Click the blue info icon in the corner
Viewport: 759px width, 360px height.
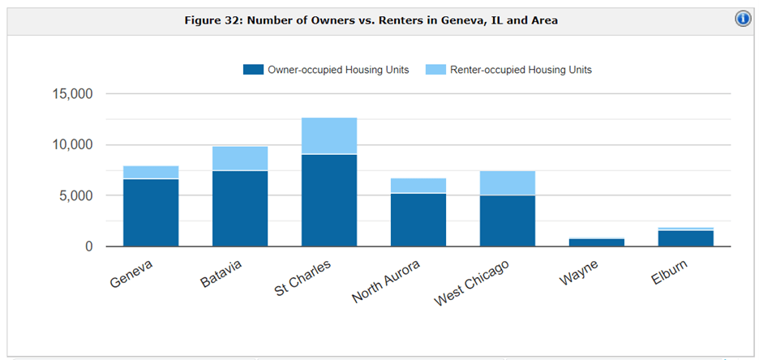tap(743, 19)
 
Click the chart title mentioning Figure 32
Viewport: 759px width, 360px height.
tap(371, 19)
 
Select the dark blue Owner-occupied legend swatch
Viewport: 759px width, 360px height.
tap(253, 70)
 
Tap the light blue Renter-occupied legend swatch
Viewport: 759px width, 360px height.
tap(435, 70)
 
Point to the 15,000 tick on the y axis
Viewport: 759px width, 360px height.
tap(72, 94)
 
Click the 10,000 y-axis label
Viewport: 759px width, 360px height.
tap(72, 145)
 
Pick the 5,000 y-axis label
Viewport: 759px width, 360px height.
tap(76, 195)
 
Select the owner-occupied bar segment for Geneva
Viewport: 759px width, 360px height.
tap(151, 212)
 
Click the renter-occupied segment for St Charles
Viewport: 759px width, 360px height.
tap(329, 135)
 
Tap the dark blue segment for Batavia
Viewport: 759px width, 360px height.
tap(240, 208)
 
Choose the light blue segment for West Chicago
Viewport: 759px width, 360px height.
tap(508, 182)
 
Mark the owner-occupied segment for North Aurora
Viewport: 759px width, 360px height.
tap(418, 220)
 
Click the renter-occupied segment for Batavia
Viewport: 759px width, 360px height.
tap(240, 158)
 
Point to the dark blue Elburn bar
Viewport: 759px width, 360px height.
tap(686, 238)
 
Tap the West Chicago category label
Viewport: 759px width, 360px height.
tap(472, 284)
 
